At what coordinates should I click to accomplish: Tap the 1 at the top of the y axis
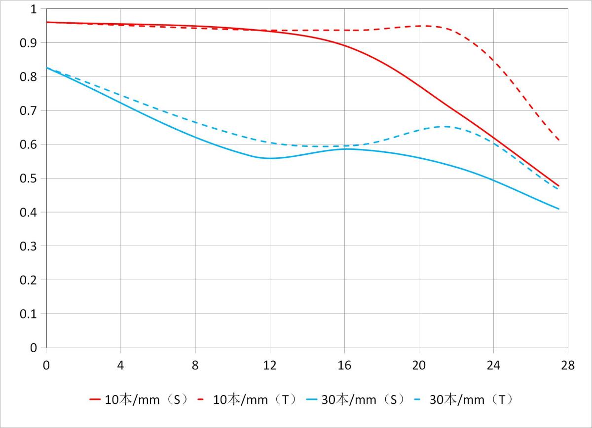pyautogui.click(x=34, y=9)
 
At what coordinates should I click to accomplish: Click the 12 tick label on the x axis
pyautogui.click(x=270, y=365)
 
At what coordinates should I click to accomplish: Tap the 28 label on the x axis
pyautogui.click(x=568, y=365)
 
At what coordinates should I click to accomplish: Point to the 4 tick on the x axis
pyautogui.click(x=121, y=365)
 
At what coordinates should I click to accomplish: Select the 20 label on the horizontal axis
pyautogui.click(x=419, y=365)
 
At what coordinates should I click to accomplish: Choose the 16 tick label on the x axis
pyautogui.click(x=344, y=365)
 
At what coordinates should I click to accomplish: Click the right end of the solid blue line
pyautogui.click(x=559, y=209)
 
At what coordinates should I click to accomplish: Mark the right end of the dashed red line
pyautogui.click(x=559, y=141)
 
